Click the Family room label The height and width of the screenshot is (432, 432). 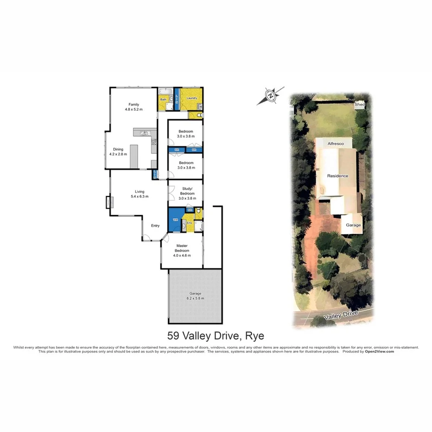133,104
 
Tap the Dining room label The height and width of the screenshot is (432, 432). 118,149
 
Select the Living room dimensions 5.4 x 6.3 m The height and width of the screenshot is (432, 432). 139,197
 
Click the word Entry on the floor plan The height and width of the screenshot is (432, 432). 155,226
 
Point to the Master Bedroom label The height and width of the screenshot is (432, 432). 182,248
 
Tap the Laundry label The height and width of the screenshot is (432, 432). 192,98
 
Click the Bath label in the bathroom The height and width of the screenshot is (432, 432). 164,99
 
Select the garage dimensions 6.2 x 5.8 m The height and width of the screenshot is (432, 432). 195,299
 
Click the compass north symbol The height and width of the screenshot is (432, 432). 270,96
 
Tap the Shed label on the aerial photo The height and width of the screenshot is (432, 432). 360,105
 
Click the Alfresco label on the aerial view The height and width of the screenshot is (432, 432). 336,144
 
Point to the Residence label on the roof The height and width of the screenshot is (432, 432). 337,176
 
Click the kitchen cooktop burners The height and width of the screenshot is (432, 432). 154,142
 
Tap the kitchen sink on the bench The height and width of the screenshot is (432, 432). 144,133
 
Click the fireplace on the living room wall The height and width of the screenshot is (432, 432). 109,203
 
